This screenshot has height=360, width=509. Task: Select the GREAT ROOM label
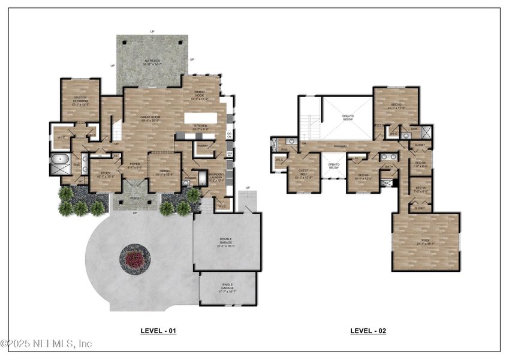149,118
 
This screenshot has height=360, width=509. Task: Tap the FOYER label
134,166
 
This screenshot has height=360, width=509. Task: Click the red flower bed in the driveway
135,259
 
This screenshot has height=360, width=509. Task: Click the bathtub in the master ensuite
59,160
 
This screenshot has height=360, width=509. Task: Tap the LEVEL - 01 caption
158,331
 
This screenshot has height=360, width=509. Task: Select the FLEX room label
425,242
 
